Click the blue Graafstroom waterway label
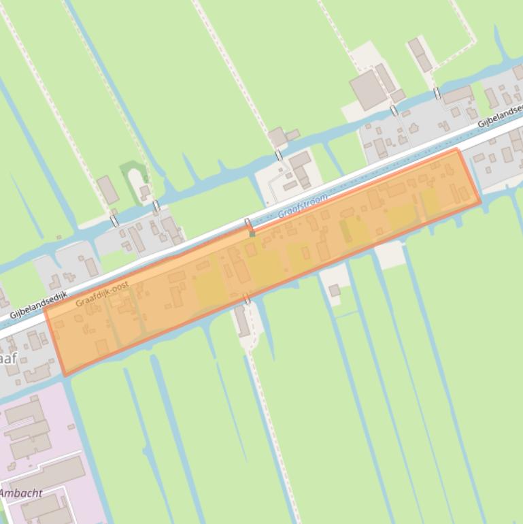(x=303, y=206)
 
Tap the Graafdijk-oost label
(x=102, y=295)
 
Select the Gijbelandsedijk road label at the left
(x=39, y=305)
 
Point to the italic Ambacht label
(x=20, y=493)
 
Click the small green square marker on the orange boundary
(x=252, y=233)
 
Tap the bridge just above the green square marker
(x=248, y=223)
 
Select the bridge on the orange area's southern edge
(x=247, y=299)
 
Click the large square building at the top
(x=368, y=89)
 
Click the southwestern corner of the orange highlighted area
(x=65, y=374)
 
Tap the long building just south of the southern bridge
(x=242, y=321)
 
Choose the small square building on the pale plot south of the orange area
(x=335, y=291)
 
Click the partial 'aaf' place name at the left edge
(x=7, y=358)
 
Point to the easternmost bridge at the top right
(x=437, y=93)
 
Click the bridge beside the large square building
(x=393, y=110)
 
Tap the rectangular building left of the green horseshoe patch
(x=107, y=190)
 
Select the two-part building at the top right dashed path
(x=420, y=54)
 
